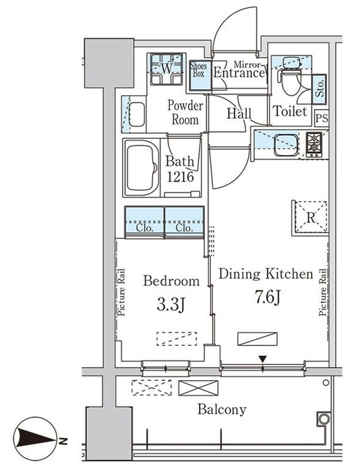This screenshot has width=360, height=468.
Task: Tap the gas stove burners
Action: click(x=314, y=144)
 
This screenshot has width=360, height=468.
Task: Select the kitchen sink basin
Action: click(x=286, y=145)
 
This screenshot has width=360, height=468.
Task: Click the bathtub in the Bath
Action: click(x=142, y=168)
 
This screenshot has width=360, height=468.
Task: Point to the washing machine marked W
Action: click(x=166, y=69)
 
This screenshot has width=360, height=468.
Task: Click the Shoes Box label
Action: click(x=198, y=69)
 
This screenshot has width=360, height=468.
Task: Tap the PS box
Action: click(x=321, y=117)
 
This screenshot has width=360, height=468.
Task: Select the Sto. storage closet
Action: click(x=319, y=88)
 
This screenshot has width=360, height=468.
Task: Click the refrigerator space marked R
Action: click(x=310, y=218)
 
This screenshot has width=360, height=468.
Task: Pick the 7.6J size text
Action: click(x=267, y=297)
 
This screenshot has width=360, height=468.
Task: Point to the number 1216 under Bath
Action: click(x=180, y=177)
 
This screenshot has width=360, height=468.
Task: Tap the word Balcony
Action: click(x=222, y=409)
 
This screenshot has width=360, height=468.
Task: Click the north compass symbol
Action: click(x=35, y=439)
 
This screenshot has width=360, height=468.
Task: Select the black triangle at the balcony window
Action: click(x=262, y=359)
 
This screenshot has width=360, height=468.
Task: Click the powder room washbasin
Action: click(x=137, y=114)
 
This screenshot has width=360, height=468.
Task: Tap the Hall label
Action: click(x=239, y=113)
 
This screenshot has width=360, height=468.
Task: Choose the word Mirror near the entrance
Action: click(x=247, y=64)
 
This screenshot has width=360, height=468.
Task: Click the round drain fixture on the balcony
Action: click(x=323, y=419)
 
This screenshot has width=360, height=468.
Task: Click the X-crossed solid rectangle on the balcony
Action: click(x=198, y=388)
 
